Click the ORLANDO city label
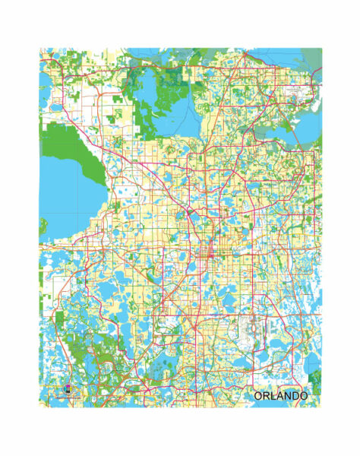pos(281,397)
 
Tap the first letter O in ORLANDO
pos(259,397)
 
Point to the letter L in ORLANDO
pos(274,397)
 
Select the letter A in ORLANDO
pos(281,397)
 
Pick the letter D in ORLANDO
pos(296,397)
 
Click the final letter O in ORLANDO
pos(304,397)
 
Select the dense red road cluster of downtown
pos(207,262)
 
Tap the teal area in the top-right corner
pos(311,57)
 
